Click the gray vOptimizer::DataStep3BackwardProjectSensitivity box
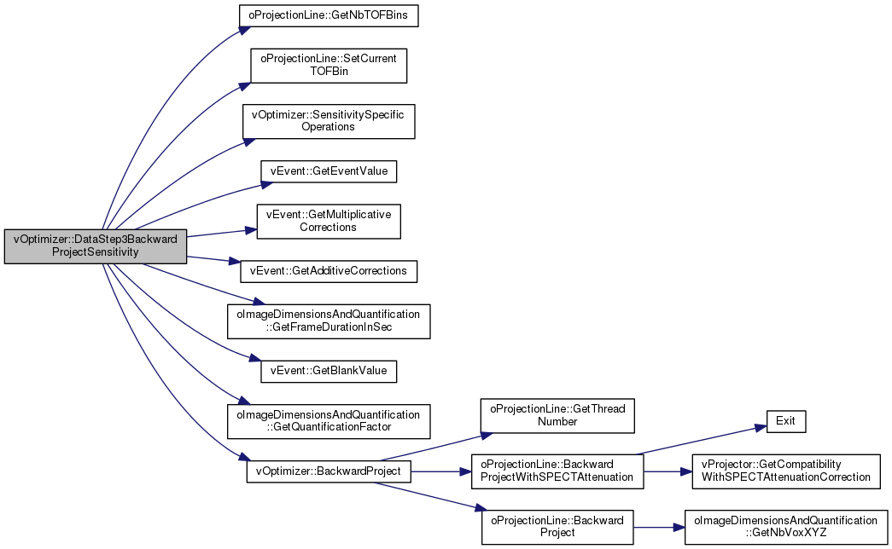tap(96, 246)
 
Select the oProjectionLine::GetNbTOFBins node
tap(329, 15)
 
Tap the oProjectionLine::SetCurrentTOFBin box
tap(329, 66)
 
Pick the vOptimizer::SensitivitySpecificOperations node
tap(329, 121)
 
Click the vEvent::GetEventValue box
tap(329, 171)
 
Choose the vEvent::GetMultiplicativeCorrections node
tap(329, 221)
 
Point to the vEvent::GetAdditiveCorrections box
tap(329, 271)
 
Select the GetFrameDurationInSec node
tap(329, 321)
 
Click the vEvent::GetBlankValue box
tap(329, 371)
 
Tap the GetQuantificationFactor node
tap(329, 421)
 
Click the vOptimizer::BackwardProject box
tap(329, 471)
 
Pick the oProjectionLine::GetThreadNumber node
tap(557, 415)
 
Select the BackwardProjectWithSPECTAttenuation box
tap(557, 471)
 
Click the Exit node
tap(785, 421)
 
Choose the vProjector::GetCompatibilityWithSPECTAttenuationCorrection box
tap(785, 471)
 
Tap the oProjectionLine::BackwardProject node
tap(557, 527)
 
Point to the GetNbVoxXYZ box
tap(785, 527)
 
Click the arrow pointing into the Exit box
tap(701, 440)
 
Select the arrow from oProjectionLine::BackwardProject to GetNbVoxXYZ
tap(659, 528)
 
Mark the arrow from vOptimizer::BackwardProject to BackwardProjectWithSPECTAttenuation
tap(441, 471)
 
